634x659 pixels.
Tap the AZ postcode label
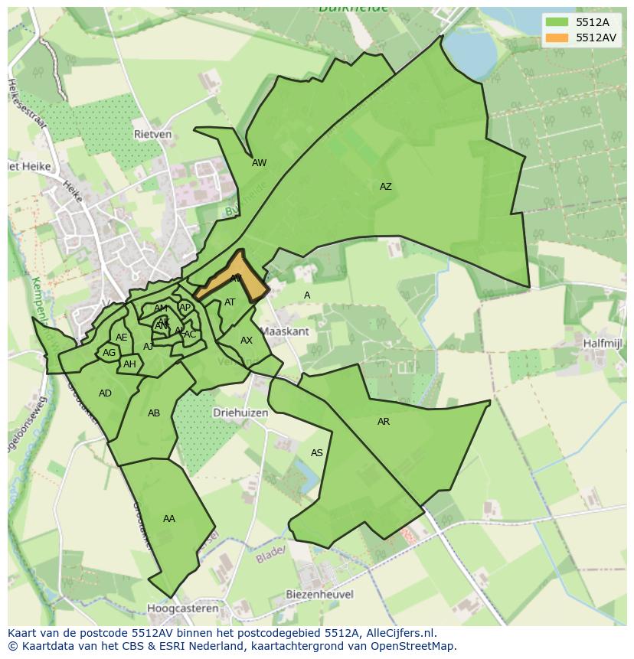click(385, 187)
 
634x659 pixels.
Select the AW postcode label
click(259, 163)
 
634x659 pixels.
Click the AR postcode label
click(383, 422)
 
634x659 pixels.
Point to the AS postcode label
click(316, 453)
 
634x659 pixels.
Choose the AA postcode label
click(168, 519)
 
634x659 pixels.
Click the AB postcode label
click(153, 413)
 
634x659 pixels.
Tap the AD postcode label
click(105, 393)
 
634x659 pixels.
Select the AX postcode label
click(246, 341)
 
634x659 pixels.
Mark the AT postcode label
click(230, 302)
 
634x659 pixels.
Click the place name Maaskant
click(285, 331)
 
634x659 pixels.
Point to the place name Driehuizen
click(240, 412)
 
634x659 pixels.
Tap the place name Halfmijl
click(601, 344)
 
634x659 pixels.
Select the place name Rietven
click(152, 134)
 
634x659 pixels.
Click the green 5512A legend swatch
click(557, 22)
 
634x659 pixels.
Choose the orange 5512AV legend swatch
click(557, 37)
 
